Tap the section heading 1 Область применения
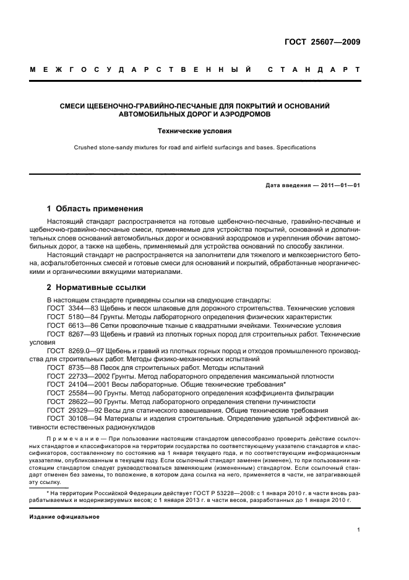pos(95,209)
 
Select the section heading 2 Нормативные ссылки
pos(97,288)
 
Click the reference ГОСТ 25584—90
pos(70,393)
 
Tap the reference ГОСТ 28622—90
pos(70,402)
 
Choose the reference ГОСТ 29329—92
pos(70,410)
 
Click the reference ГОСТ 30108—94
pos(70,419)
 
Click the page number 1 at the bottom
pos(358,530)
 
